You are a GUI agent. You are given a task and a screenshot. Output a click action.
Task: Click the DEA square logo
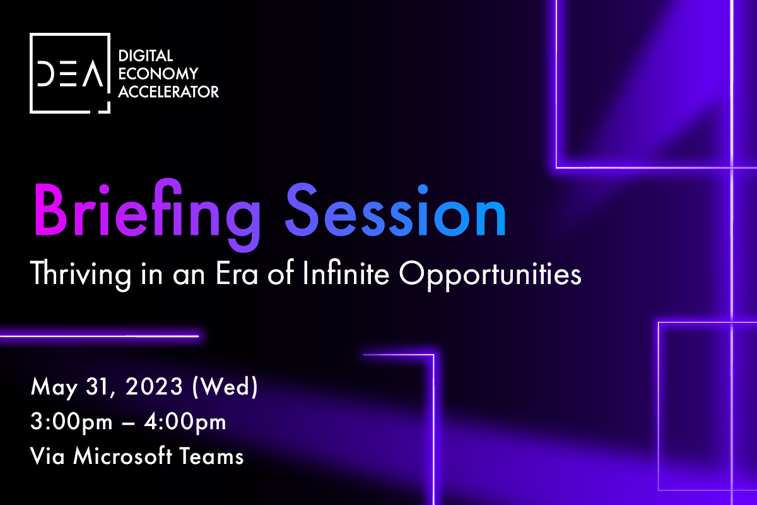(70, 73)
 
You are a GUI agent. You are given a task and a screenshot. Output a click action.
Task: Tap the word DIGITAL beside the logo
(146, 56)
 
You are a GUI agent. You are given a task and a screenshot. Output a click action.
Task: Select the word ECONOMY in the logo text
(158, 74)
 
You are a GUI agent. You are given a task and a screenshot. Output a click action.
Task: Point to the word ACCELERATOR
(168, 92)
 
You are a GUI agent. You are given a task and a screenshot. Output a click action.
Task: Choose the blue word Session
(396, 210)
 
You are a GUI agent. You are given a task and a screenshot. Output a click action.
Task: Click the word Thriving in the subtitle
(81, 275)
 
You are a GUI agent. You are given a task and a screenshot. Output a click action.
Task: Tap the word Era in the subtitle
(237, 273)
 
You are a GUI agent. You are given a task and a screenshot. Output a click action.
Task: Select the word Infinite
(346, 273)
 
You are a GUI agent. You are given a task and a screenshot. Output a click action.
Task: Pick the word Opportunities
(490, 275)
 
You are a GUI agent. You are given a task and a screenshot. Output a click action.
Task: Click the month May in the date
(54, 388)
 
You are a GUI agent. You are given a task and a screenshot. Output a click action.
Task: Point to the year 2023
(154, 386)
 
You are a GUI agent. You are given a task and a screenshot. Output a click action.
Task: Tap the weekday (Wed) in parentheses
(225, 386)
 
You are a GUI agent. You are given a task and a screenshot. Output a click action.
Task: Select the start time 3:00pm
(71, 422)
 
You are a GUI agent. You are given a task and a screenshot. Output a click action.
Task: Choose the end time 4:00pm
(185, 422)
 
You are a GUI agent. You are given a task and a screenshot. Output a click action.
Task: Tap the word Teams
(211, 456)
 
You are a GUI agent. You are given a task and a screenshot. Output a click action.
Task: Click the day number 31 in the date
(98, 386)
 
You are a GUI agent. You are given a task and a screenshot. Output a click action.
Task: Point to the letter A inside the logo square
(93, 73)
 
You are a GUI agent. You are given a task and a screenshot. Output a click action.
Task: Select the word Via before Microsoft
(47, 456)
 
